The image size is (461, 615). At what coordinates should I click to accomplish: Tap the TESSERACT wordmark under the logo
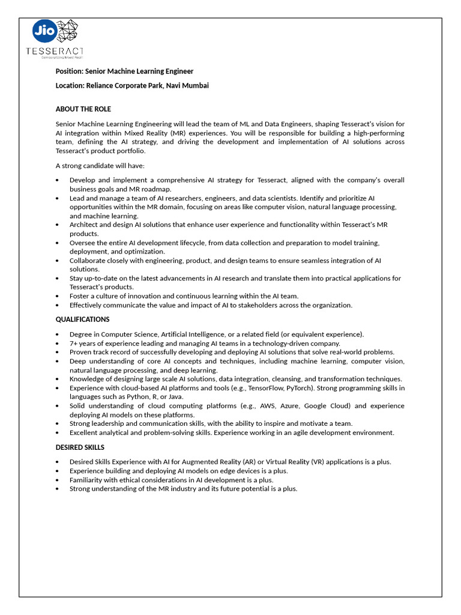(55, 51)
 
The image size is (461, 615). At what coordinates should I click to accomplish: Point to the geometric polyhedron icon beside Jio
(67, 31)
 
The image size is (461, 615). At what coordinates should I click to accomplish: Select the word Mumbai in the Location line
(196, 85)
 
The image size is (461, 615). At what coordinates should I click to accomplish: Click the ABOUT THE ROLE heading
(83, 109)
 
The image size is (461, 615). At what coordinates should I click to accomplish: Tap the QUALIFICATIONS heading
(82, 320)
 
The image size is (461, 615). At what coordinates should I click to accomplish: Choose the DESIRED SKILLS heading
(80, 447)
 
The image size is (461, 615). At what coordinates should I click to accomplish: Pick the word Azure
(291, 406)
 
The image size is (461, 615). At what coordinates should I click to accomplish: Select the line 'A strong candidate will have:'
(100, 165)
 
